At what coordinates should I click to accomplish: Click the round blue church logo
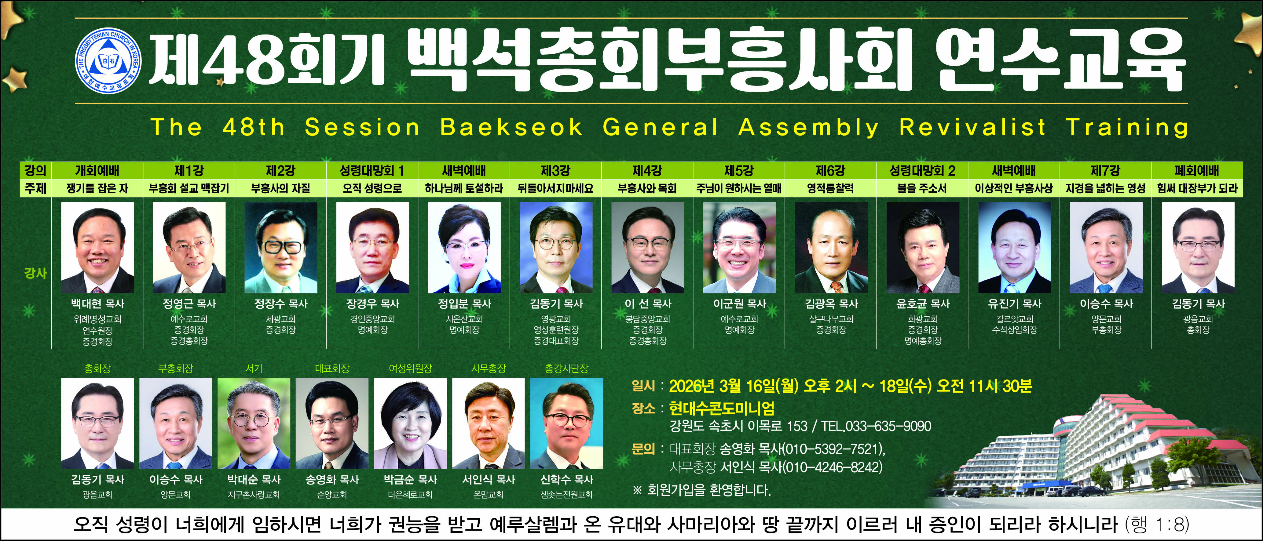(x=108, y=61)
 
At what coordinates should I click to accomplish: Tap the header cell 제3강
(x=555, y=171)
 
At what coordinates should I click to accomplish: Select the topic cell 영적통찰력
(x=831, y=188)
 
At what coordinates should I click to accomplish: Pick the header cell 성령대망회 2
(x=922, y=171)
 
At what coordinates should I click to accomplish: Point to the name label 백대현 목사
(x=97, y=304)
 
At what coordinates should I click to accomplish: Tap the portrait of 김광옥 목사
(x=831, y=248)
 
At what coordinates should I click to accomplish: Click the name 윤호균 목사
(x=923, y=304)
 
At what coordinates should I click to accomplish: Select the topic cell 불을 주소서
(x=922, y=188)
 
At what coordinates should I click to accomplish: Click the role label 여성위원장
(x=410, y=368)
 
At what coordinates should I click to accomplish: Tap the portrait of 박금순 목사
(x=410, y=423)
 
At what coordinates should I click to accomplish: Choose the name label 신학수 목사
(x=567, y=479)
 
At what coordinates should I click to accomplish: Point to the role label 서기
(x=254, y=368)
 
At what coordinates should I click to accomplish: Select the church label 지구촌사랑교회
(x=254, y=495)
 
